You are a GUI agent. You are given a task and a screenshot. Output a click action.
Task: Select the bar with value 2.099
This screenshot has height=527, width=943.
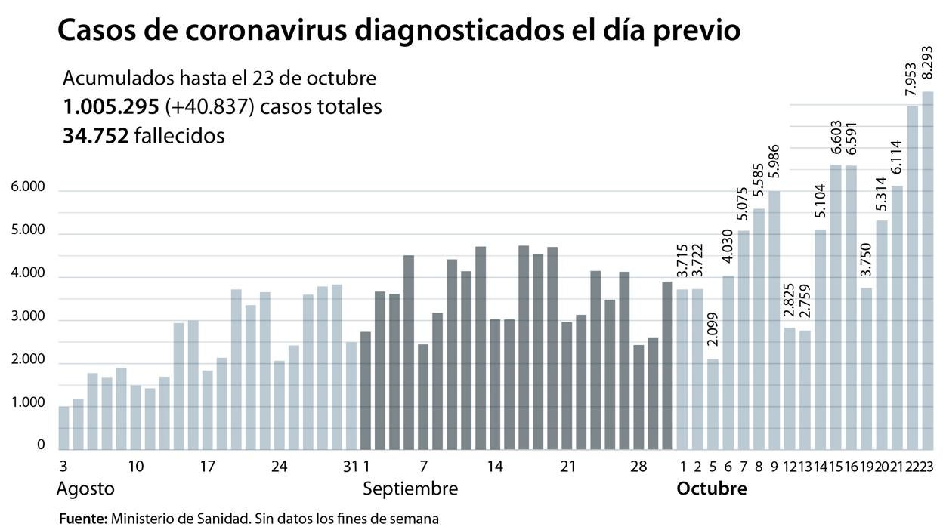[x=712, y=404]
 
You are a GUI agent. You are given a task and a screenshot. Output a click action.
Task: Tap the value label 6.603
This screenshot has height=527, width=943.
[x=836, y=138]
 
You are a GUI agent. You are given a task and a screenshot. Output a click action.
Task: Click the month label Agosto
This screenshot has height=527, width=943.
[x=85, y=488]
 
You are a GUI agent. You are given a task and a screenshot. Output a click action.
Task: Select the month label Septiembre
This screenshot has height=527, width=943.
[x=410, y=488]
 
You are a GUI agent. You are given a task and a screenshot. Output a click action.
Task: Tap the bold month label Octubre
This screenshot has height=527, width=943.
[x=711, y=488]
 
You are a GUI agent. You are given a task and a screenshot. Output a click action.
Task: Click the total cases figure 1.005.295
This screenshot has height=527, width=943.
[x=110, y=107]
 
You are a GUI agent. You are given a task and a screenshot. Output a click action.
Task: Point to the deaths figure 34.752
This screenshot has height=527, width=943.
[x=95, y=136]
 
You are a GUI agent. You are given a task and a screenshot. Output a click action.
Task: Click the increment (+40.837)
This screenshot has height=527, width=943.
[x=209, y=107]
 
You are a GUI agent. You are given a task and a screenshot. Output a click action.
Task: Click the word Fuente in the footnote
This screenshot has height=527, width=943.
[x=82, y=519]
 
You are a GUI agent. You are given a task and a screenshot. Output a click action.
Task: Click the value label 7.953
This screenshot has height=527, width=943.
[x=911, y=79]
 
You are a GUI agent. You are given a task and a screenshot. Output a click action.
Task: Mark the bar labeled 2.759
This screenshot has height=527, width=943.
[x=804, y=390]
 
